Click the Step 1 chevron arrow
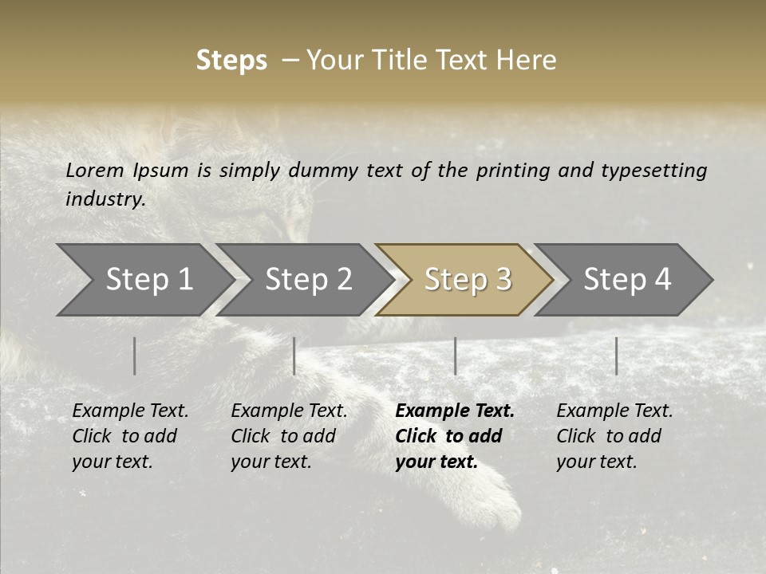click(x=148, y=280)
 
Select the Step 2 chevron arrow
click(x=307, y=280)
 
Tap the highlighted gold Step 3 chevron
click(x=467, y=280)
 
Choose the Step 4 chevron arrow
click(x=626, y=280)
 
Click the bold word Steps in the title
click(x=231, y=61)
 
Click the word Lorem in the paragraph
click(x=95, y=171)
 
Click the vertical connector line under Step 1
click(x=135, y=356)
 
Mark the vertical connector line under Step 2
click(x=294, y=356)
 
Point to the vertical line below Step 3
click(x=456, y=356)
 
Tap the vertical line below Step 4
click(x=617, y=356)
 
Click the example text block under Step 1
click(x=130, y=436)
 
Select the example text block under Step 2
click(x=289, y=436)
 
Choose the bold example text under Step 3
click(x=454, y=436)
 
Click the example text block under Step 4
click(x=614, y=436)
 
